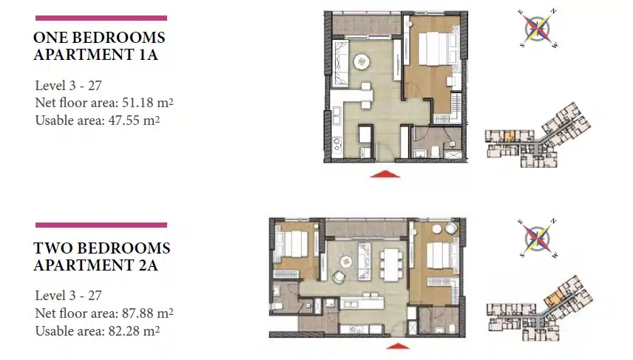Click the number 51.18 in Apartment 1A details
click(x=138, y=103)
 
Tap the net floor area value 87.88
click(x=138, y=313)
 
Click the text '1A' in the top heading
click(x=148, y=55)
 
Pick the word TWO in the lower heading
click(x=52, y=248)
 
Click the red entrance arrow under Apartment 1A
click(x=385, y=174)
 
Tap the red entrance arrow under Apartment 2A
click(x=398, y=346)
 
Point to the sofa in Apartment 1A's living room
click(x=340, y=63)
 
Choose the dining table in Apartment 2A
click(x=391, y=265)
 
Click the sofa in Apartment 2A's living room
click(x=364, y=262)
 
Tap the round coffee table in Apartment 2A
click(x=346, y=262)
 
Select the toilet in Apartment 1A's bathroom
click(x=435, y=152)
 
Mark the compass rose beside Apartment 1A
click(x=538, y=29)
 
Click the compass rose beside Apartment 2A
click(x=538, y=239)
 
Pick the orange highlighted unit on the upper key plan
click(x=510, y=136)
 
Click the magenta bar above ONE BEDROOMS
click(x=101, y=18)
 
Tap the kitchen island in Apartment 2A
click(x=362, y=302)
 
